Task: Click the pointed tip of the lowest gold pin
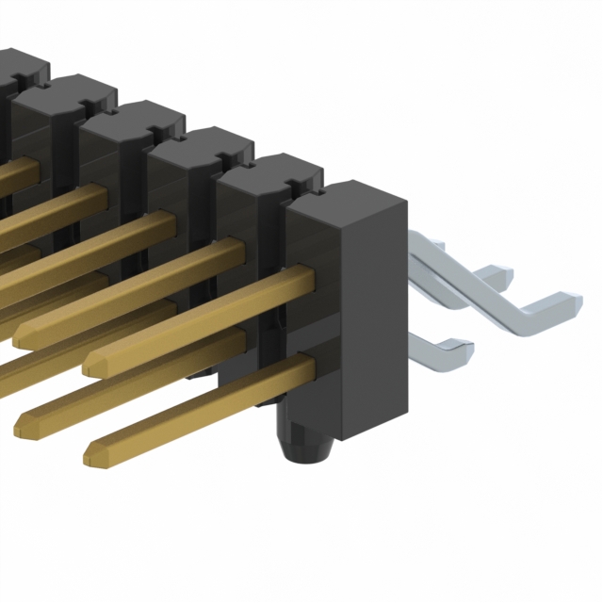(92, 458)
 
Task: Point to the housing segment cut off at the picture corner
(14, 71)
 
